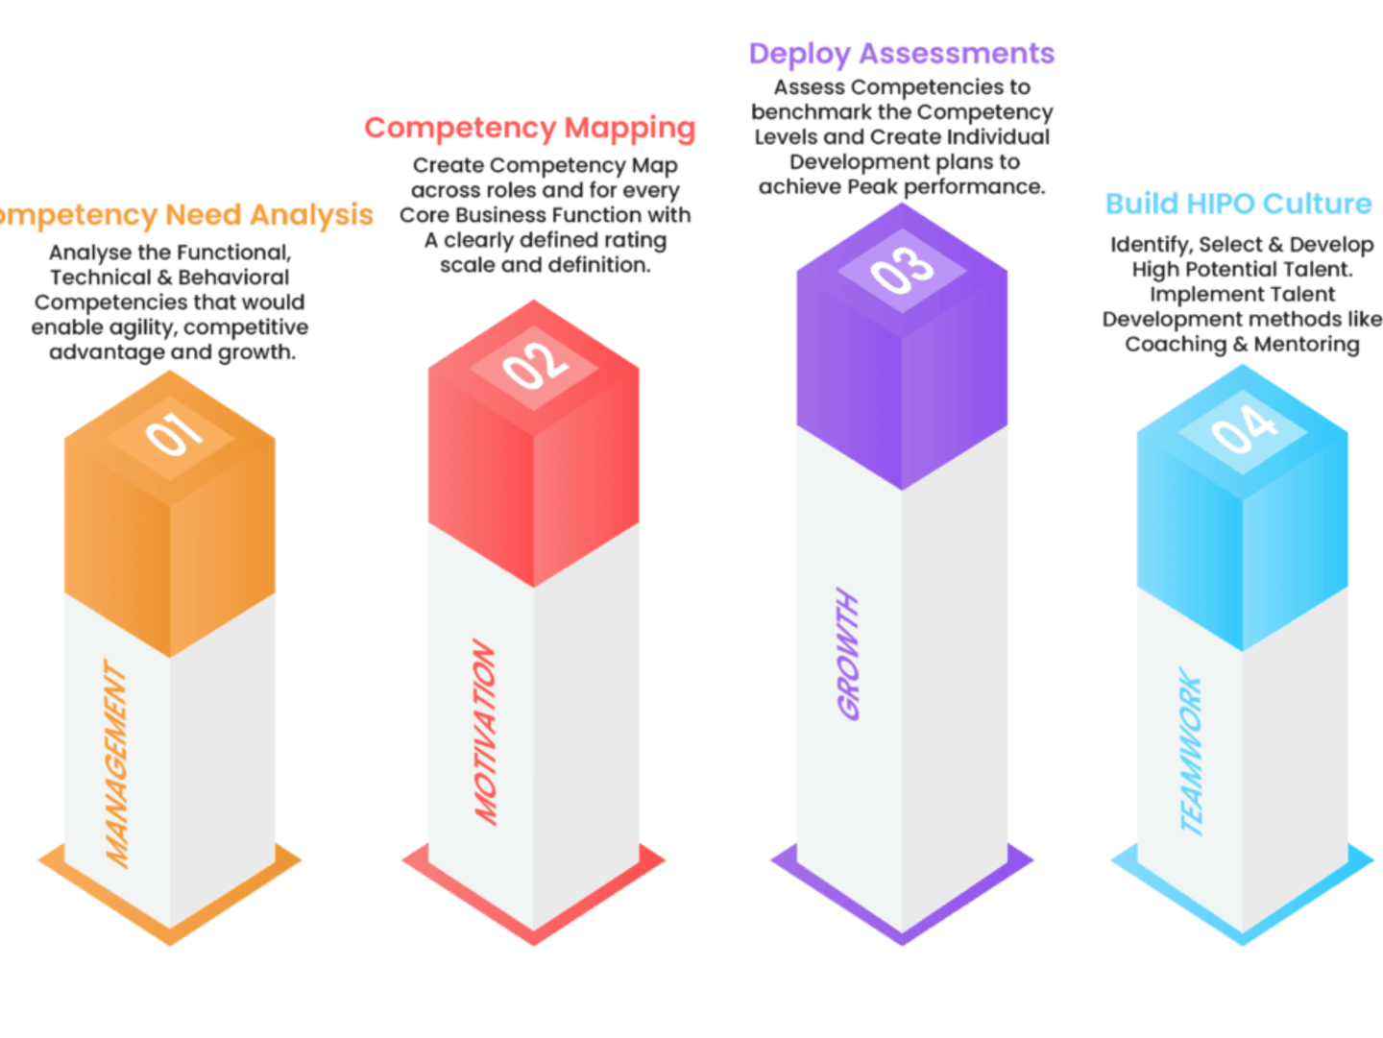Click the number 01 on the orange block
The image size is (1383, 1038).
pyautogui.click(x=175, y=435)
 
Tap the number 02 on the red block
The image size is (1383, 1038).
pyautogui.click(x=535, y=365)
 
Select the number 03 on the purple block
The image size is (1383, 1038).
pyautogui.click(x=902, y=270)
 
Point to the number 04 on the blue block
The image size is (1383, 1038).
pyautogui.click(x=1244, y=429)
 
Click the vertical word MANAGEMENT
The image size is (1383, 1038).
pyautogui.click(x=116, y=764)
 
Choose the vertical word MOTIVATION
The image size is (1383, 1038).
pyautogui.click(x=485, y=732)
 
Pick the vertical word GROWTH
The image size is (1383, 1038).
pyautogui.click(x=848, y=653)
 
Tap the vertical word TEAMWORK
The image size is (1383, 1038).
pyautogui.click(x=1191, y=752)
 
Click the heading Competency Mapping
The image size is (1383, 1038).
pyautogui.click(x=530, y=129)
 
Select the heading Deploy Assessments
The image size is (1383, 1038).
pyautogui.click(x=902, y=54)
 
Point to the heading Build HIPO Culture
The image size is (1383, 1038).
pyautogui.click(x=1239, y=205)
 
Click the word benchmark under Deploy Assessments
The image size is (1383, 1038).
pyautogui.click(x=811, y=112)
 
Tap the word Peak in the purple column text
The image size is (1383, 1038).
pyautogui.click(x=872, y=187)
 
